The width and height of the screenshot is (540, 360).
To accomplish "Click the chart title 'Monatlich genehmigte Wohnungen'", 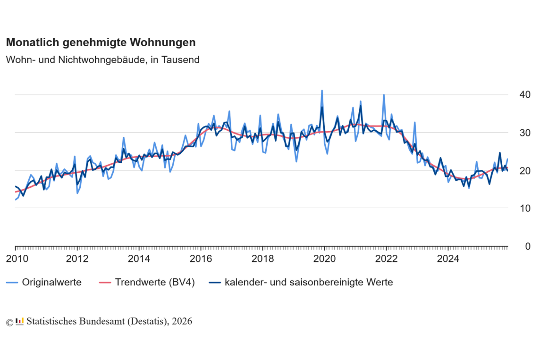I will click(101, 42).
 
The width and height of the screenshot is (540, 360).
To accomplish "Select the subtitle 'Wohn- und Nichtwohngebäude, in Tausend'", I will click(102, 60).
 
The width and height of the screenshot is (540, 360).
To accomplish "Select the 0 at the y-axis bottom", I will click(515, 246).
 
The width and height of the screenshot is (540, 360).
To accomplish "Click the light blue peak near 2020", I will click(322, 91).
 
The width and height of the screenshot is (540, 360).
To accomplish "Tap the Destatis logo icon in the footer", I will click(19, 321).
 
